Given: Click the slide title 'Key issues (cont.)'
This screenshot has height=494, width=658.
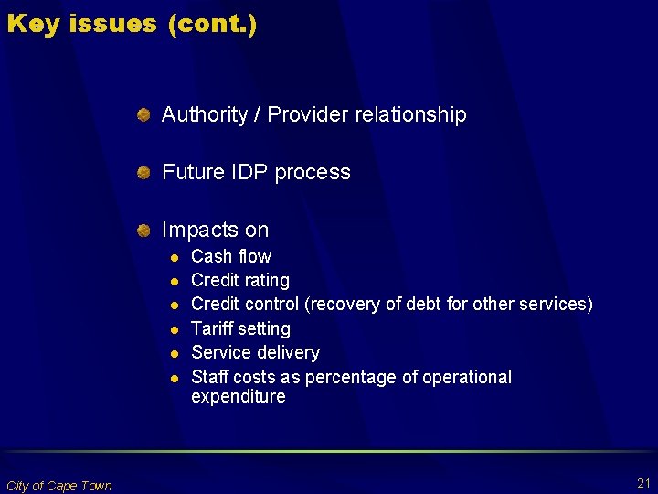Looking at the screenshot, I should tap(132, 24).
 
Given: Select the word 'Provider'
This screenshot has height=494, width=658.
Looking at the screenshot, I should tap(310, 115).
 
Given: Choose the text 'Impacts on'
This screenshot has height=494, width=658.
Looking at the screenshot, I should tap(215, 231).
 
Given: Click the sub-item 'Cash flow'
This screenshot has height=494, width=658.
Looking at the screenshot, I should tap(230, 257).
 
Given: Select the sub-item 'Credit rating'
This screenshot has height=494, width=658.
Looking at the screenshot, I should tap(239, 281).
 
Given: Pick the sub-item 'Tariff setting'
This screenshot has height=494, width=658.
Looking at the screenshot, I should tap(240, 328).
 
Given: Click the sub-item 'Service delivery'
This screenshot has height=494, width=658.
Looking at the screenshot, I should tap(255, 353).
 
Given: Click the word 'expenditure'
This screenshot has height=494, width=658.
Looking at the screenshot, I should tap(238, 397).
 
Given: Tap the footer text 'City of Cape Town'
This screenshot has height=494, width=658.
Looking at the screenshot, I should tap(58, 486).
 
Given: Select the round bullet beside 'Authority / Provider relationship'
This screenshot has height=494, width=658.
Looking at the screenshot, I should tap(143, 115).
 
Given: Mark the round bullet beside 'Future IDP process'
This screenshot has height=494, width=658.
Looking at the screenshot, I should tap(143, 173).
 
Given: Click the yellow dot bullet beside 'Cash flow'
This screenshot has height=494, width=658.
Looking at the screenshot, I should tap(171, 257).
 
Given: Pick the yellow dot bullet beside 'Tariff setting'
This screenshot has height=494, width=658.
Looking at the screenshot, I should tap(171, 329).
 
